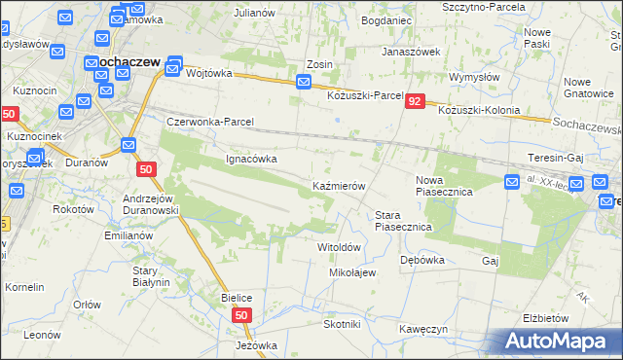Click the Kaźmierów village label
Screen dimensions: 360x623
click(x=338, y=185)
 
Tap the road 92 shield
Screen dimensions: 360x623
click(x=416, y=101)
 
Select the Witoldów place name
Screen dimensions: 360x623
click(x=340, y=247)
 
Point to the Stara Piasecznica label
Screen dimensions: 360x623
click(x=403, y=220)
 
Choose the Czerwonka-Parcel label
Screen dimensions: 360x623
click(x=210, y=123)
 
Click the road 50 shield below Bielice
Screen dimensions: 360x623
click(x=243, y=315)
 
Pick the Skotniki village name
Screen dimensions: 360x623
click(x=342, y=324)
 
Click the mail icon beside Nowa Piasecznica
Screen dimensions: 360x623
click(x=513, y=181)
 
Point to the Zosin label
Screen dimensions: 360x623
click(x=319, y=65)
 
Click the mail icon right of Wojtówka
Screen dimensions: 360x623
click(x=174, y=66)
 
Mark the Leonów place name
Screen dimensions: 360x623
click(x=43, y=334)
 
